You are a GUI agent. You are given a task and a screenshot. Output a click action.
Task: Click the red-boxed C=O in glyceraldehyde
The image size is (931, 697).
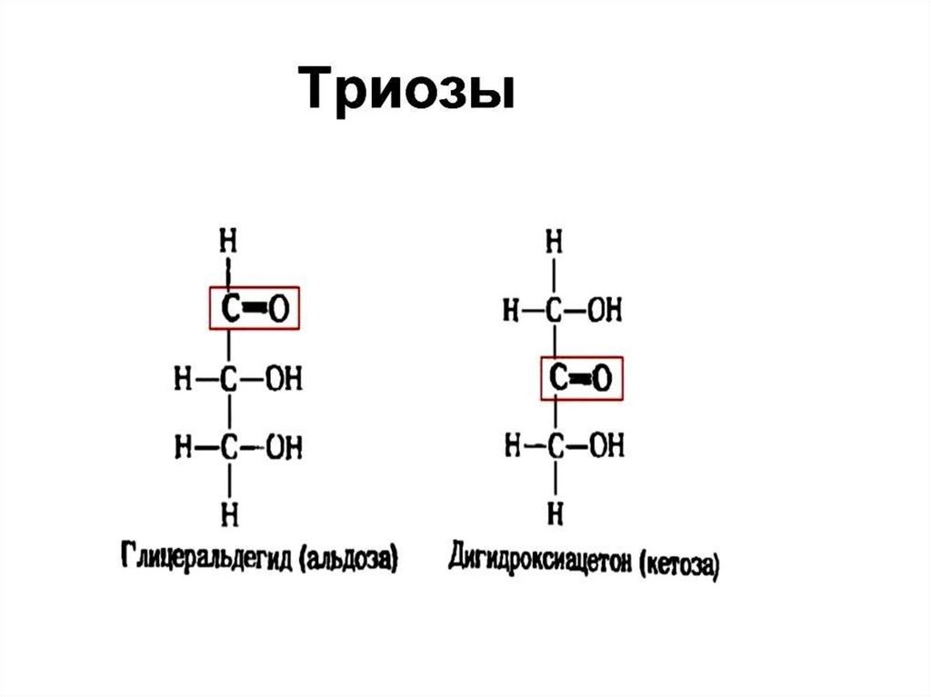tap(255, 309)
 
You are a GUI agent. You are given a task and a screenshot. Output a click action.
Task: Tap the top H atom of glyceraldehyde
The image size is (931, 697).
tap(229, 241)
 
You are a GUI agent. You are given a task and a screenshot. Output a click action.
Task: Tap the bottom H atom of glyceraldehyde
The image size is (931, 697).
tap(229, 516)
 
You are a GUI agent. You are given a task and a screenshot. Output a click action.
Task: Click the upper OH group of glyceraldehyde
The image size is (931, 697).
tap(283, 378)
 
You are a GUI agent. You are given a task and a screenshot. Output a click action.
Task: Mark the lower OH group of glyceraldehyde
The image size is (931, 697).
tap(283, 447)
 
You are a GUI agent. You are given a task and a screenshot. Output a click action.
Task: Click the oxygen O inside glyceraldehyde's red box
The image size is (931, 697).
tap(278, 310)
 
